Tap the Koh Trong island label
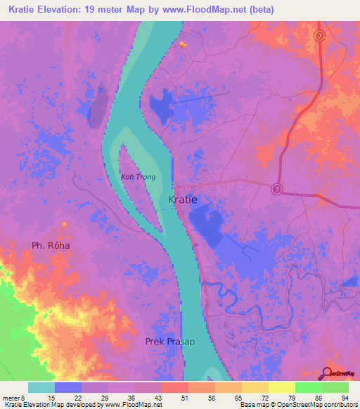pyautogui.click(x=138, y=177)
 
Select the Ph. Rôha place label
pyautogui.click(x=51, y=246)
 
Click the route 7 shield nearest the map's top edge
pyautogui.click(x=319, y=36)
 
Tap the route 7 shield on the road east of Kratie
pyautogui.click(x=276, y=188)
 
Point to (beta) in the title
pyautogui.click(x=259, y=10)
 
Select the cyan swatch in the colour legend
pyautogui.click(x=41, y=388)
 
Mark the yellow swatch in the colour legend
pyautogui.click(x=281, y=388)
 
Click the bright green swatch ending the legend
pyautogui.click(x=335, y=388)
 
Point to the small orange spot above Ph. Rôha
pyautogui.click(x=64, y=224)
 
